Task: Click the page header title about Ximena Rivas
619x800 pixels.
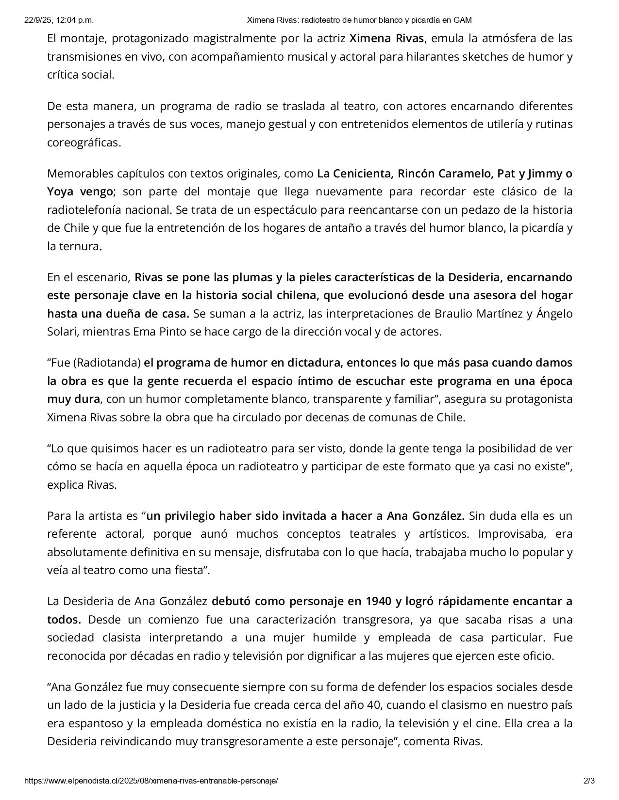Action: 359,20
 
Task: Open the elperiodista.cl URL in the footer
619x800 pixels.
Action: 151,781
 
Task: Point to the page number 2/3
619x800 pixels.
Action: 589,781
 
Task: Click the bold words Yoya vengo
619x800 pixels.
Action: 80,192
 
